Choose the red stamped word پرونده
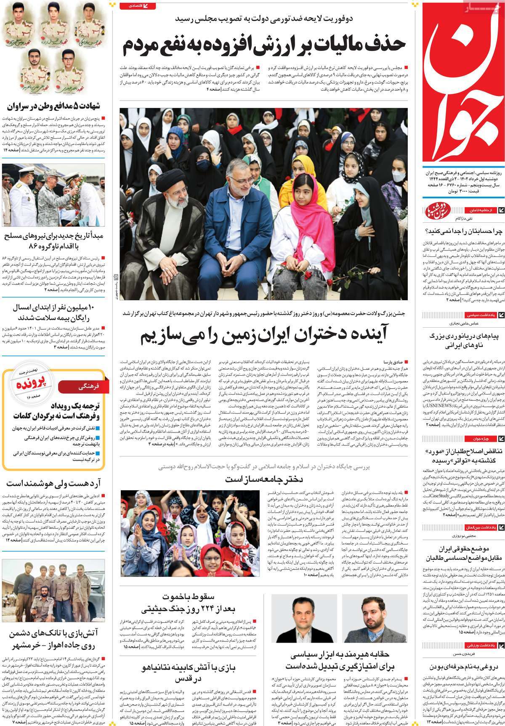tap(29, 384)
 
